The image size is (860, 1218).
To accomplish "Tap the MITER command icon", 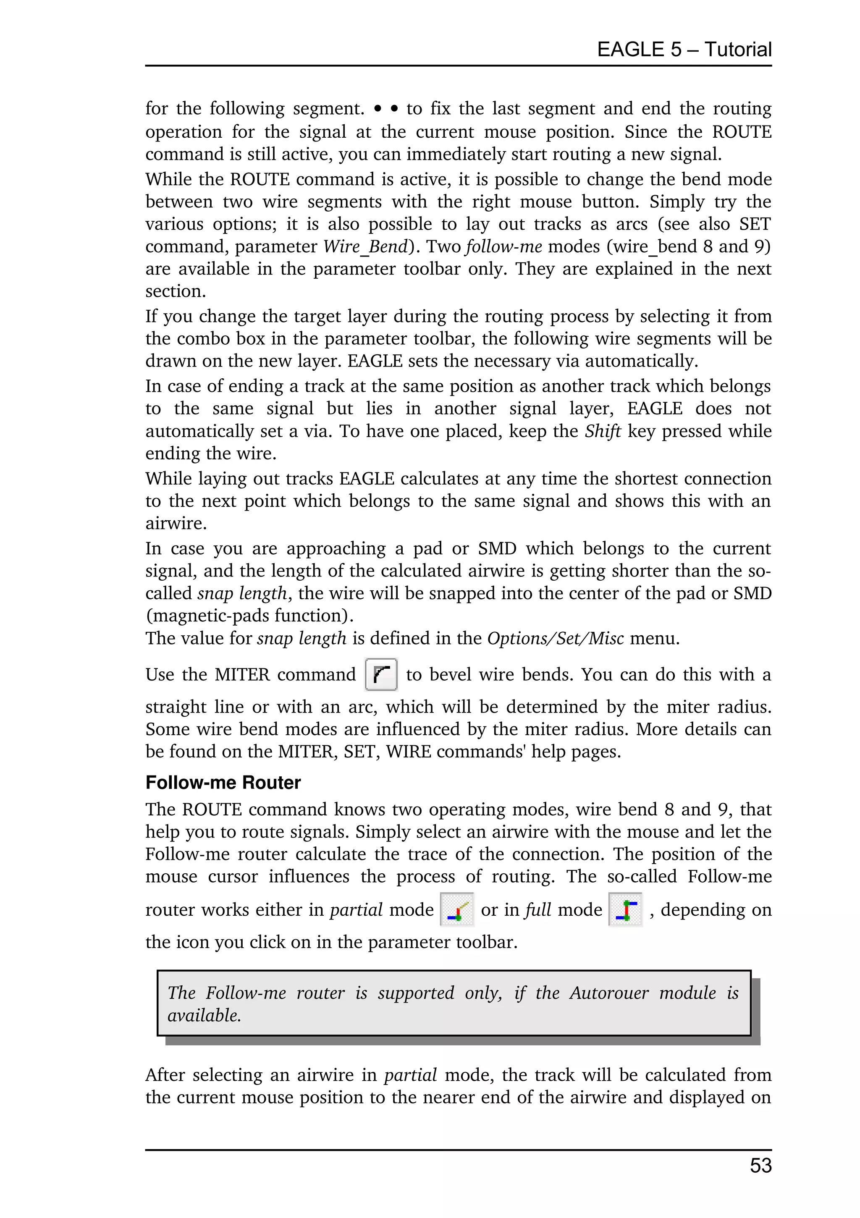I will (381, 674).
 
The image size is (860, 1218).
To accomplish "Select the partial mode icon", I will (456, 909).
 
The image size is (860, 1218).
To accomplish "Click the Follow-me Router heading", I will (223, 783).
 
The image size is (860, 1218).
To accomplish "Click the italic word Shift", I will (602, 431).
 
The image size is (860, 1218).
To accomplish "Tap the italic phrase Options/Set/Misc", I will (555, 638).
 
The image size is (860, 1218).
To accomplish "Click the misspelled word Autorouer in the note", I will (608, 993).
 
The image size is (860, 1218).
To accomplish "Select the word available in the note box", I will (204, 1015).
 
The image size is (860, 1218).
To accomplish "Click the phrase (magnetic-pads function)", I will (249, 616).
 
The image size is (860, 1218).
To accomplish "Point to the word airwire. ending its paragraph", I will (176, 523).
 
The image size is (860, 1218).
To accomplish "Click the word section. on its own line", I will (176, 291).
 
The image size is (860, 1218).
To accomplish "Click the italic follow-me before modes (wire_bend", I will (503, 247).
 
